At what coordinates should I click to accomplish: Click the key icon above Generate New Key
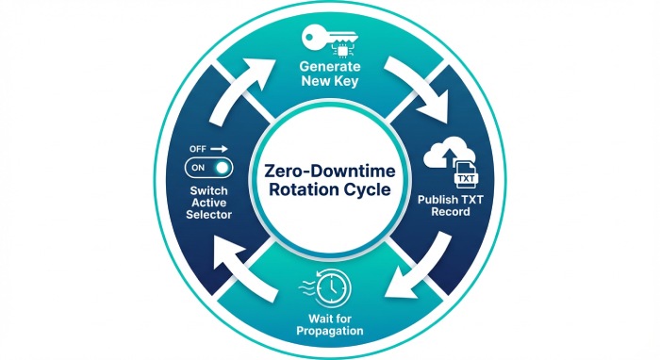tap(329, 41)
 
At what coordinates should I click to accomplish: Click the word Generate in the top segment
tap(330, 69)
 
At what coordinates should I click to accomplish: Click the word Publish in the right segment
tap(435, 199)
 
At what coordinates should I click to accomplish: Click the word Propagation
tap(329, 333)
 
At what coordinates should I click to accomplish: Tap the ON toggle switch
tap(208, 168)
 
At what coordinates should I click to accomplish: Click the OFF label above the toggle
tap(197, 149)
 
